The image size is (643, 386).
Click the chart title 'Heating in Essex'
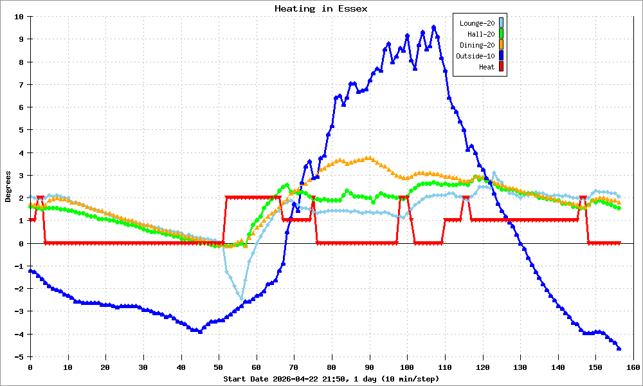pos(321,8)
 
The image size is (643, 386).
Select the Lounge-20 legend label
pos(477,23)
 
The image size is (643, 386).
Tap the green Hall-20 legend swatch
pos(501,34)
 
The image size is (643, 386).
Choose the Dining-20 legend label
pos(477,45)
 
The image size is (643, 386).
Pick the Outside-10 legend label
pos(475,56)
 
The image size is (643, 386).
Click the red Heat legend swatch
pos(501,67)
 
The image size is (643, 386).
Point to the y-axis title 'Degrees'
pos(8,186)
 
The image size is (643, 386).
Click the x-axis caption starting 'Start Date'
pos(331,379)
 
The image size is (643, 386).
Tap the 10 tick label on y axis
pos(19,17)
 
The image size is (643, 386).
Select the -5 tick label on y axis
pos(19,357)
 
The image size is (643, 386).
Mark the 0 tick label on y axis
pos(21,244)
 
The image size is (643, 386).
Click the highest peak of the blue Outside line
pos(433,27)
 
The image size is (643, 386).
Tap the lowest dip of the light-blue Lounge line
pos(241,299)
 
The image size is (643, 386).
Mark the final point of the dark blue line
pos(619,349)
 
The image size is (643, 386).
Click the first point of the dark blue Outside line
pos(30,271)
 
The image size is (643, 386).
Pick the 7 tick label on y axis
pos(21,85)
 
